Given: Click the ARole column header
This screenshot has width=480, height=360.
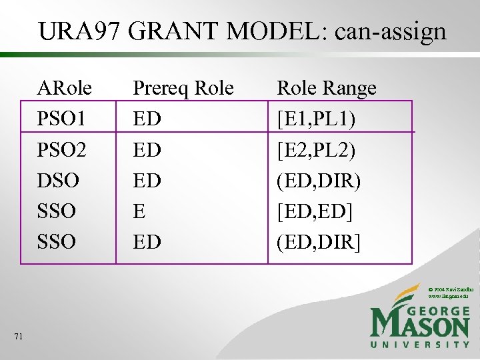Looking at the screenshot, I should [x=65, y=88].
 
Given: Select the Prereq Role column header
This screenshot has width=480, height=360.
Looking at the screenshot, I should [x=183, y=88].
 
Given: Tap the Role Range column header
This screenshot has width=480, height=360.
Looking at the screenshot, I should [x=326, y=88].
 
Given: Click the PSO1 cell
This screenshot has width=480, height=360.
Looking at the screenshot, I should [x=62, y=119].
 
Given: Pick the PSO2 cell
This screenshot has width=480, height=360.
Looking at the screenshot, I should [x=62, y=149].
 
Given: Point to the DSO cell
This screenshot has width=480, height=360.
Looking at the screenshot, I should [x=59, y=180].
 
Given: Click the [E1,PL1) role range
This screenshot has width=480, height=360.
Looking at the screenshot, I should [x=316, y=119].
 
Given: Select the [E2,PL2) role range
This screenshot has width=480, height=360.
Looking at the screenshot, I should [x=316, y=149].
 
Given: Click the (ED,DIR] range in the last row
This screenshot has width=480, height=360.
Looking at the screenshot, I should [x=319, y=241].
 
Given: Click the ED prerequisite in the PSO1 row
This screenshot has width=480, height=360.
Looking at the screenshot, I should [x=147, y=119].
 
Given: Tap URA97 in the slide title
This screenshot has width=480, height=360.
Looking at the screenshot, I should [x=79, y=31].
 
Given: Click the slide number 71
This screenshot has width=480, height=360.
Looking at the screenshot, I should [x=18, y=337].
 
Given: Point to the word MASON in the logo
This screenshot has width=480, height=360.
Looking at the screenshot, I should [x=420, y=325].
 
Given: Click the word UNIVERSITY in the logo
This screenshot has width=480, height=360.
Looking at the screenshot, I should [x=420, y=345].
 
